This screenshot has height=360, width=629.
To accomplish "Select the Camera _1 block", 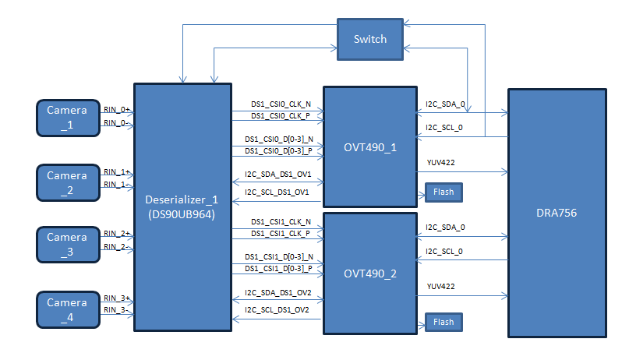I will point(67,116).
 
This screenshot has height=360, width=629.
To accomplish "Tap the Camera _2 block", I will point(67,181).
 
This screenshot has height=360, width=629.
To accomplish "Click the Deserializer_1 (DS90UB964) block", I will point(182,207).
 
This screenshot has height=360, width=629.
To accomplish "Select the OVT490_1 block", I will point(369,147).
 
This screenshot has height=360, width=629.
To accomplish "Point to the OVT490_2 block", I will point(369,274).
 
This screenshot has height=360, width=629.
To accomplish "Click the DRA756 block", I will point(557,213).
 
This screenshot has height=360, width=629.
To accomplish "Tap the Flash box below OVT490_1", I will point(443,192).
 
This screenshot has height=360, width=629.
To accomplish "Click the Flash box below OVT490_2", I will point(443,322).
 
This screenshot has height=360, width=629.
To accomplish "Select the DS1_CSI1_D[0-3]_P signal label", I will point(278,268).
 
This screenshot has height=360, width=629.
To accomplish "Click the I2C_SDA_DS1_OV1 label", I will point(277,176).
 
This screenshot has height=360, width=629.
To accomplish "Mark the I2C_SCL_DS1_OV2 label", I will point(277,309).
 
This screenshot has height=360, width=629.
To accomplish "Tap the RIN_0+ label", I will point(116,110).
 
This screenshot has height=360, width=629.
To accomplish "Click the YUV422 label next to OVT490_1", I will point(441,163).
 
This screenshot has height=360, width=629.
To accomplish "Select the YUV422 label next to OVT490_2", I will point(441,287).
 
